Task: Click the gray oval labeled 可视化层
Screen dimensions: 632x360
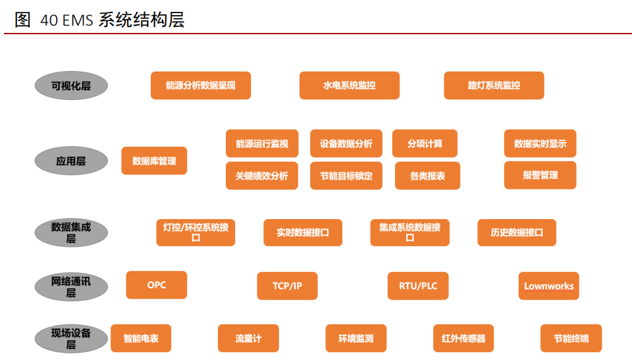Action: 71,86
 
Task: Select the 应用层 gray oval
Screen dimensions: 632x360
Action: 71,161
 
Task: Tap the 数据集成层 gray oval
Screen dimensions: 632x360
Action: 71,233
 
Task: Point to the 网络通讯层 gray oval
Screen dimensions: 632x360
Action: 71,287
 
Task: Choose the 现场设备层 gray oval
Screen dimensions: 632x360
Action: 71,338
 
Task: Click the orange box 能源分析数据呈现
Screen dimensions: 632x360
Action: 200,86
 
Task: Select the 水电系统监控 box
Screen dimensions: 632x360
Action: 349,86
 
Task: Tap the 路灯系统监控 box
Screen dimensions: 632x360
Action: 494,86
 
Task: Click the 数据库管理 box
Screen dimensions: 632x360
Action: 154,161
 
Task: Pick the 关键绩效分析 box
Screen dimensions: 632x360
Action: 261,176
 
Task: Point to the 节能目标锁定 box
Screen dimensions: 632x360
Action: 346,176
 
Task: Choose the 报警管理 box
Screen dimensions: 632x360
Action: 540,175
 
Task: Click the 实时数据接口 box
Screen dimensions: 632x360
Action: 303,233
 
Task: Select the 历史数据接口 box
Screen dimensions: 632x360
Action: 517,233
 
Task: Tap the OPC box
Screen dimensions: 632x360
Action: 157,285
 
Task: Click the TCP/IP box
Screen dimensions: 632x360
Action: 287,286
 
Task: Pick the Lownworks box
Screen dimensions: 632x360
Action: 548,286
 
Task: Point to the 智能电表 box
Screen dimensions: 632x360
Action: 141,338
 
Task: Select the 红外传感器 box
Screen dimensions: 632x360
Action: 463,338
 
